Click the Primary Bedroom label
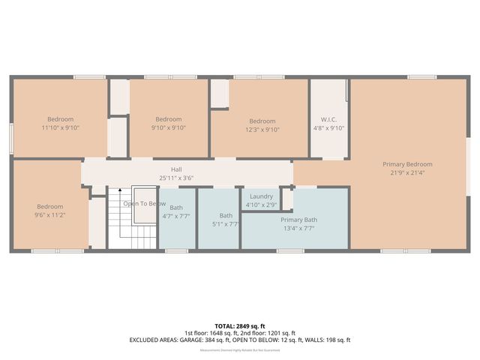407,164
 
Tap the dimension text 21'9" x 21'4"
407,173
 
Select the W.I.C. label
328,119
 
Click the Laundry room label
261,196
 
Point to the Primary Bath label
299,220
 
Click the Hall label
176,169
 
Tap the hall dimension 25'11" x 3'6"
176,178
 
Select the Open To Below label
145,203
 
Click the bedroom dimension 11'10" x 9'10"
61,127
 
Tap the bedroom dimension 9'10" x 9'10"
169,127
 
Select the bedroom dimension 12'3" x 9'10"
262,129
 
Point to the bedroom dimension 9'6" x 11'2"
50,214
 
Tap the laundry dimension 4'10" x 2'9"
261,204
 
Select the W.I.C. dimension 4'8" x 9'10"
328,127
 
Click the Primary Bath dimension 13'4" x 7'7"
299,228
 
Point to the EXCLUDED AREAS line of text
240,340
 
